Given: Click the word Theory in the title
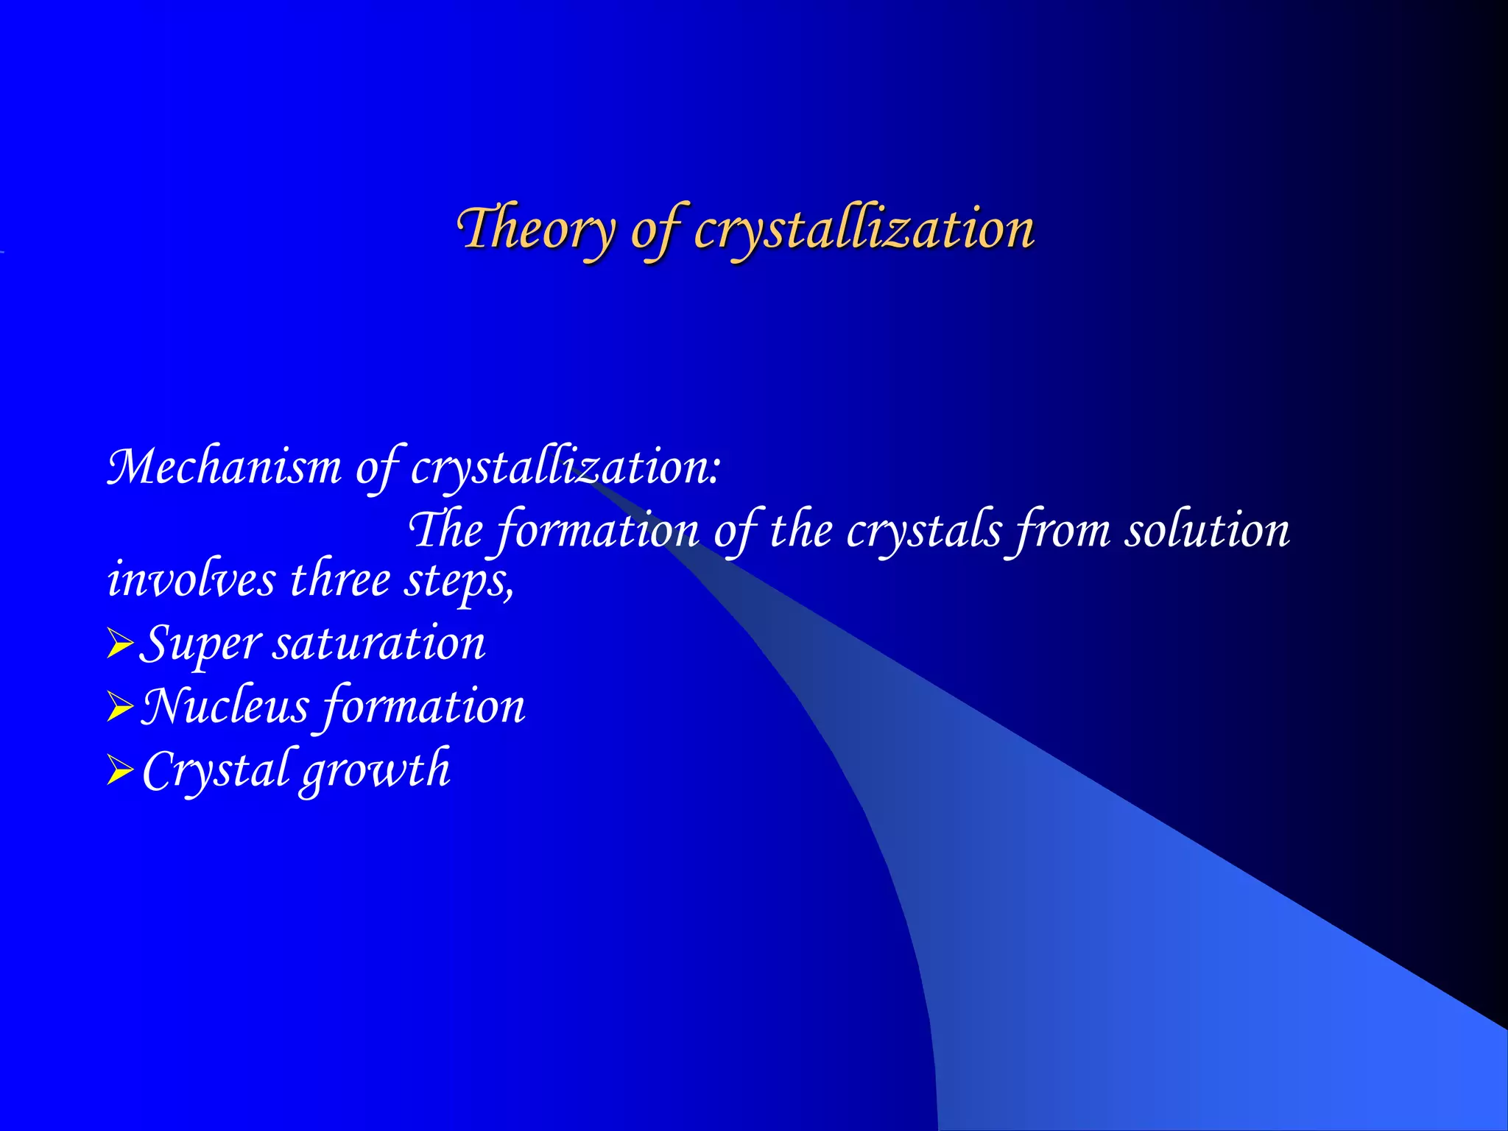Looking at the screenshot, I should coord(536,228).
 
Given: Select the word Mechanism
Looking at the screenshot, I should coord(225,467).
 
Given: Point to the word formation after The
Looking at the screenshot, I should coord(597,530).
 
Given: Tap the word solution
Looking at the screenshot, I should coord(1207,530).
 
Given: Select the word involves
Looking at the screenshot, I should coord(191,579).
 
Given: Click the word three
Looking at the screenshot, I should coord(339,579).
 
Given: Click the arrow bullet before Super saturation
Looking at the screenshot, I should coord(119,644).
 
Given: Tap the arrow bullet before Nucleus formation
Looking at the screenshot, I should coord(119,707).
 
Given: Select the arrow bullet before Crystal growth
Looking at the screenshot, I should coord(119,771).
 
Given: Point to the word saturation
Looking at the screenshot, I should coord(379,644).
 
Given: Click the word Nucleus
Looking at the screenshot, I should coord(225,707).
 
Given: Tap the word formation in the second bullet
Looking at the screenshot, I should coord(424,707).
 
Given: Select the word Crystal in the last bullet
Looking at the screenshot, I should coord(215,771).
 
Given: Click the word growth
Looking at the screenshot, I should coord(376,771).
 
